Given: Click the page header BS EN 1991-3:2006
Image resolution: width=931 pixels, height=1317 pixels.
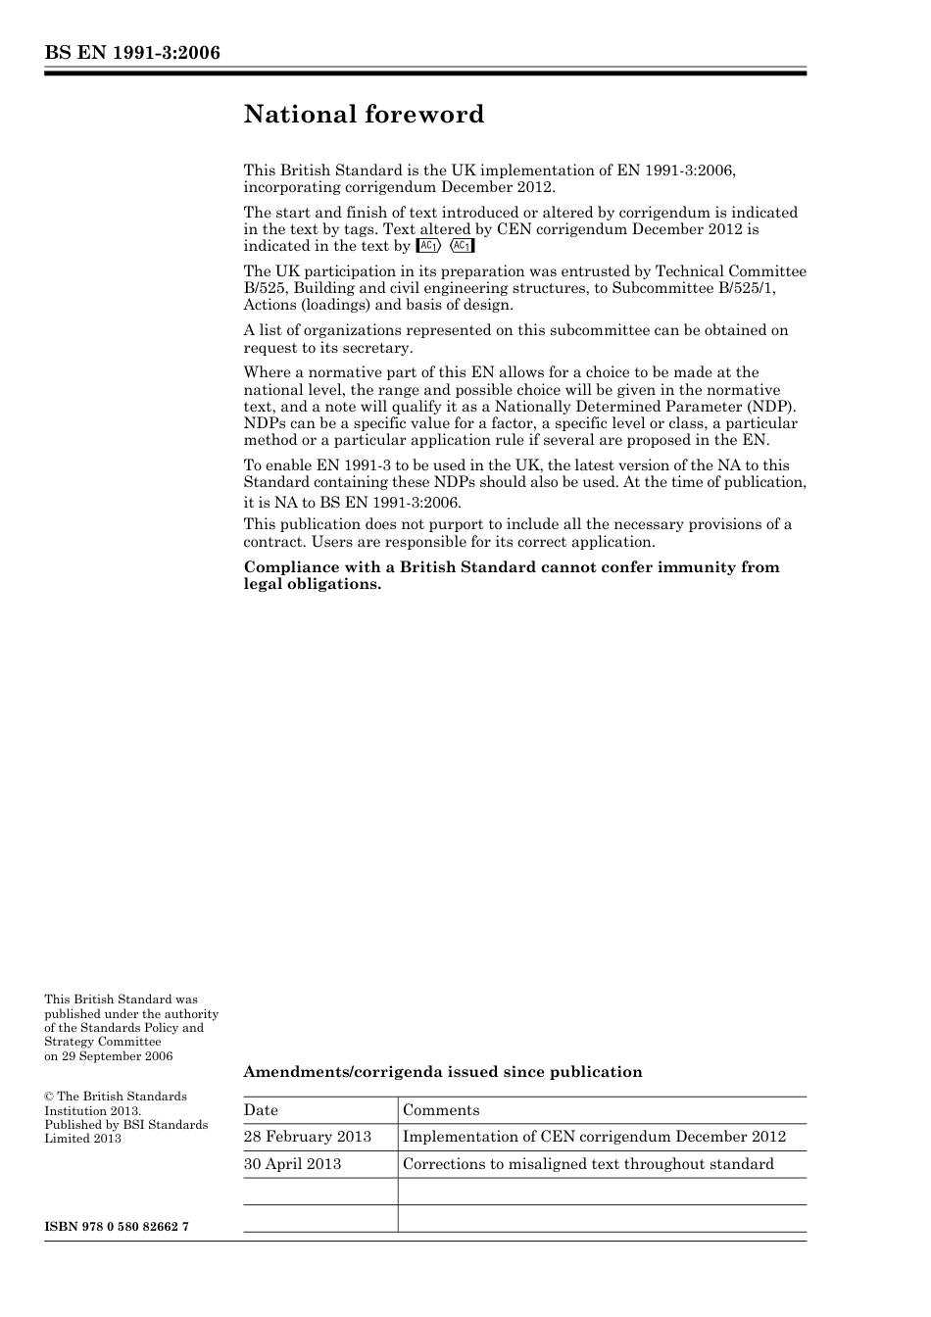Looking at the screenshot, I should point(131,53).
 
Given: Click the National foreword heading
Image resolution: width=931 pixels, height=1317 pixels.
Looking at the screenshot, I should point(364,115).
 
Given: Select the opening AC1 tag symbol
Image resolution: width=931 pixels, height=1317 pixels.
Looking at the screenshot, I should point(428,246).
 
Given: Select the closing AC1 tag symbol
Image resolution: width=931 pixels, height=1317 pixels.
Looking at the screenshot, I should point(462,246).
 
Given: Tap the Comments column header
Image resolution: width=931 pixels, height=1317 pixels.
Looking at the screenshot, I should point(441,1110).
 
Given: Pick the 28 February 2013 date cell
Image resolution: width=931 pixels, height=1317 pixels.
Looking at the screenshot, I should point(308,1137).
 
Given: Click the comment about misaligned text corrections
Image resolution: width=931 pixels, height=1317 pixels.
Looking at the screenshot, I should point(588,1164).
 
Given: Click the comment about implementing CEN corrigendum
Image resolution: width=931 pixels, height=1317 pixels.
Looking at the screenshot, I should point(594,1137).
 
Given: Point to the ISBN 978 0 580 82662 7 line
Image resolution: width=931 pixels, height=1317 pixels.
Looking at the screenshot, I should point(117,1228).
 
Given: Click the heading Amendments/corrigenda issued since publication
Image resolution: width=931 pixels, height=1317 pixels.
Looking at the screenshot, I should point(443,1072).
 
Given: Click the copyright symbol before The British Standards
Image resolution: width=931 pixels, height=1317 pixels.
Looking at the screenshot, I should point(49,1097).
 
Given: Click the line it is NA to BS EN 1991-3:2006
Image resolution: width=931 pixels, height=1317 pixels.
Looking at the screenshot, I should point(352,503).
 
